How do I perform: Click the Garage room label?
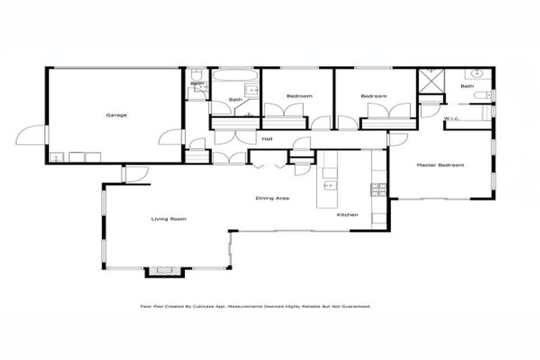117,115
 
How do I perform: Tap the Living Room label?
169,219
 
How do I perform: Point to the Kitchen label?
348,214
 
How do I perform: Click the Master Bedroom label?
440,165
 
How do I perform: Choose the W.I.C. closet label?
451,118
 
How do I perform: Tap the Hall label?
267,139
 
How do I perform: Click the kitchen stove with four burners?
378,188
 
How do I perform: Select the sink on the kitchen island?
328,186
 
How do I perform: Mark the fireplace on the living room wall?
164,271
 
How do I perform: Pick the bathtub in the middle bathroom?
236,75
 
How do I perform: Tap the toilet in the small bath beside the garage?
198,75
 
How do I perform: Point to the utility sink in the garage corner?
57,157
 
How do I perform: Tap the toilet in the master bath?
482,95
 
